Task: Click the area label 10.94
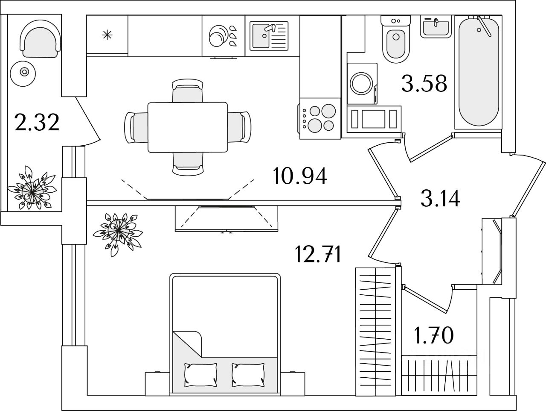300,176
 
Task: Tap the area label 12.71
318,254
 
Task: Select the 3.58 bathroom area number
424,83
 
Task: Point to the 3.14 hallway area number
440,198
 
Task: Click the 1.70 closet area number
434,335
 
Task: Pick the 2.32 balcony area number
37,122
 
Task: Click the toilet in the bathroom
396,39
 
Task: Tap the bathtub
478,72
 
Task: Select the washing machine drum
361,84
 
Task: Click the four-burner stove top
320,119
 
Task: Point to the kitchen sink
269,35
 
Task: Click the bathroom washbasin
436,26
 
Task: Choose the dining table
188,127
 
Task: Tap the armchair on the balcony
40,39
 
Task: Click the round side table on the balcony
23,74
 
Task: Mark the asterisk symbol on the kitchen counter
107,35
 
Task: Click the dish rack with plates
223,35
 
